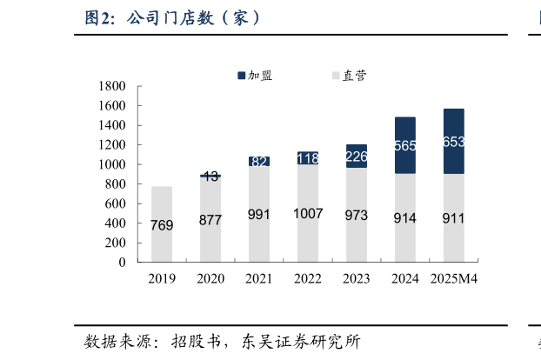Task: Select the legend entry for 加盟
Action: (255, 76)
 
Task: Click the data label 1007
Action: (308, 214)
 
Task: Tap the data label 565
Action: (405, 146)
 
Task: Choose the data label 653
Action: (453, 142)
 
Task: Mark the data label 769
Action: (162, 225)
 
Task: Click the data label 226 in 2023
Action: (357, 157)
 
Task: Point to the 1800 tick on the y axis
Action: (112, 86)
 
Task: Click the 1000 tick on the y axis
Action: (112, 164)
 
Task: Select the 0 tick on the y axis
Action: (122, 262)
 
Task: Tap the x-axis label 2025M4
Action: (456, 279)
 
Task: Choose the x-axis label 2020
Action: (210, 279)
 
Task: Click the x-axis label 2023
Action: (357, 279)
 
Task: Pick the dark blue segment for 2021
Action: (259, 161)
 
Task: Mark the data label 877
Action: (210, 220)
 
